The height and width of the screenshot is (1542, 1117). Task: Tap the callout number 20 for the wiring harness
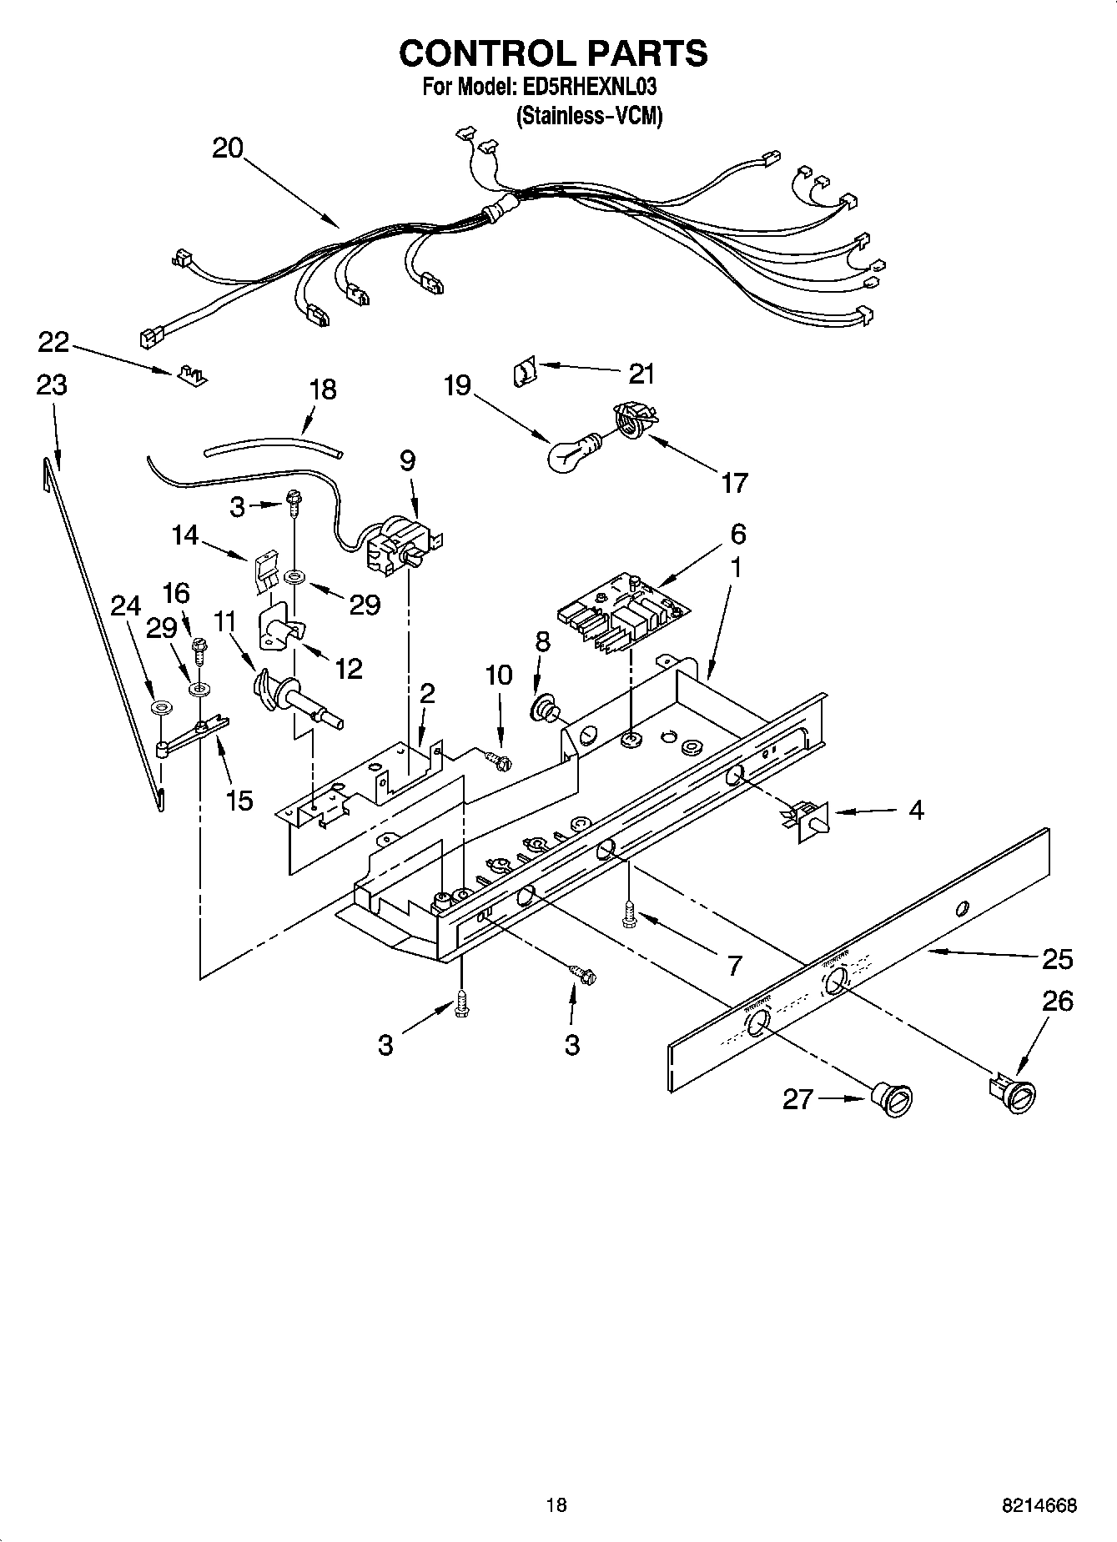pos(227,148)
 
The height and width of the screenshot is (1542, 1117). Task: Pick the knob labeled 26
pos(1013,1093)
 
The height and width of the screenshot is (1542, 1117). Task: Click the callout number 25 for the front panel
pos(1057,959)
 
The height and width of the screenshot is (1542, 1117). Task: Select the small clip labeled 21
pos(523,370)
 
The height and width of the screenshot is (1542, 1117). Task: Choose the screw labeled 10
pos(498,760)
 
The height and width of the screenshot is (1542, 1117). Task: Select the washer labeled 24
pos(158,707)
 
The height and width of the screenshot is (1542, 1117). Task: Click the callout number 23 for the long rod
pos(52,385)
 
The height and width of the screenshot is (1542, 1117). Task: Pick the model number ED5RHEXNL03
pos(591,86)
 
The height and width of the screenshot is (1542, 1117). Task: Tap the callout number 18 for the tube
pos(323,389)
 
